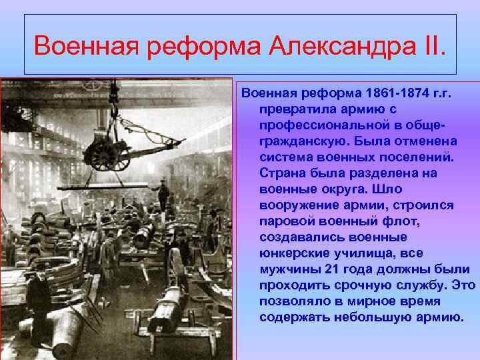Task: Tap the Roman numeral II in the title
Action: pyautogui.click(x=431, y=47)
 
